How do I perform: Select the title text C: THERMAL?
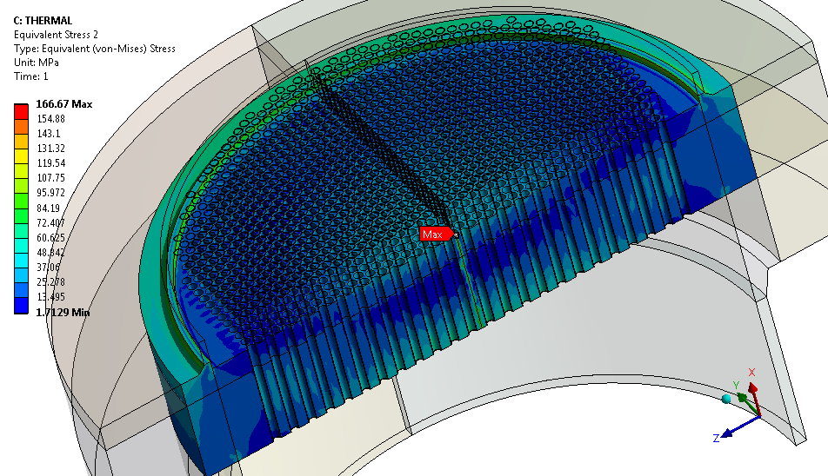pyautogui.click(x=43, y=21)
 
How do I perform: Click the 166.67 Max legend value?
pyautogui.click(x=63, y=104)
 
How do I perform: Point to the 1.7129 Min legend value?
pyautogui.click(x=63, y=312)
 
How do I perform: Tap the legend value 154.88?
pyautogui.click(x=50, y=119)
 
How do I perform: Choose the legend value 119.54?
pyautogui.click(x=50, y=163)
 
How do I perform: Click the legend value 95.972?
pyautogui.click(x=50, y=193)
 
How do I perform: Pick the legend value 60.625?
pyautogui.click(x=50, y=238)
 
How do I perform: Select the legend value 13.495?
pyautogui.click(x=50, y=297)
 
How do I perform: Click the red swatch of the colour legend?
pyautogui.click(x=21, y=111)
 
